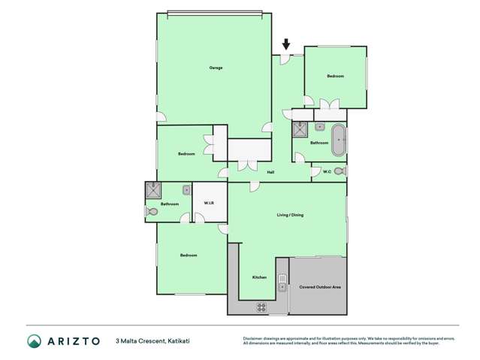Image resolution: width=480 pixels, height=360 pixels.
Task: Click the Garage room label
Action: click(216, 68)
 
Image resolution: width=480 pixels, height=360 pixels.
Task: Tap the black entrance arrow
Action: click(285, 44)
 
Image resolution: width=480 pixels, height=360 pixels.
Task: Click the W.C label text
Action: click(327, 172)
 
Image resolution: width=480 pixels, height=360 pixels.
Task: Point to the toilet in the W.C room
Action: click(340, 171)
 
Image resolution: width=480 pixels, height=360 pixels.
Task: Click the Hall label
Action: click(270, 172)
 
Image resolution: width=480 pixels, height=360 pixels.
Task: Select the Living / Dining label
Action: click(290, 215)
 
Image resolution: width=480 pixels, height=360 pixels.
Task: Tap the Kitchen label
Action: click(259, 277)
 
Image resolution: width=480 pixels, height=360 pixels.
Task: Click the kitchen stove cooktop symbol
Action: click(262, 307)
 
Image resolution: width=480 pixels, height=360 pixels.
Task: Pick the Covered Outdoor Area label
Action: click(321, 287)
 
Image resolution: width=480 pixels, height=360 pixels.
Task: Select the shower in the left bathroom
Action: click(154, 191)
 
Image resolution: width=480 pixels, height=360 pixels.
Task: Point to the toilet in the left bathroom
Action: click(152, 212)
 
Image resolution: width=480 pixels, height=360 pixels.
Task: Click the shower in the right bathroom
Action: click(300, 129)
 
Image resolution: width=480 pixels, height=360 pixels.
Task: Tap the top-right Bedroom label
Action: click(335, 77)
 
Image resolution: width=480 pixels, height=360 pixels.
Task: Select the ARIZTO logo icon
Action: click(34, 341)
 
